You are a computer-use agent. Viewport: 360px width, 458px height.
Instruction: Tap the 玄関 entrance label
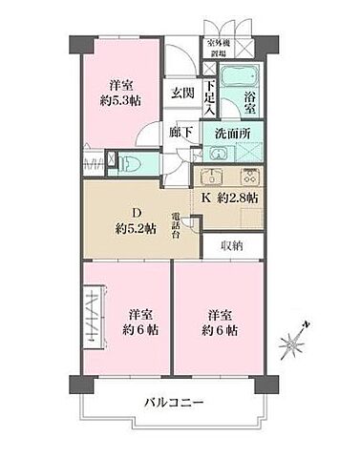click(x=181, y=93)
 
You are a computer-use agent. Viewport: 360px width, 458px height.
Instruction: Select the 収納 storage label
click(x=231, y=245)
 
